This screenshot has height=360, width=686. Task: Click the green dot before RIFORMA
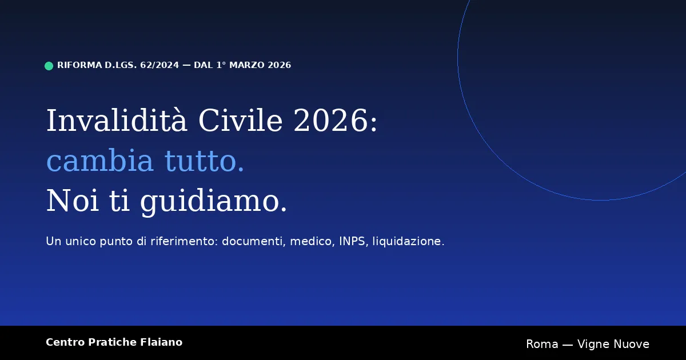[x=49, y=66]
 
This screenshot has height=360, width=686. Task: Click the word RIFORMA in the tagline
[x=79, y=65]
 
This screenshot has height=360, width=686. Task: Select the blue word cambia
[x=100, y=161]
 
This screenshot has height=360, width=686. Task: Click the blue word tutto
[x=205, y=161]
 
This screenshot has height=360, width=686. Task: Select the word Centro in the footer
[x=65, y=342]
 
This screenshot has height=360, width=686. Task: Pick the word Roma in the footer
[x=542, y=344]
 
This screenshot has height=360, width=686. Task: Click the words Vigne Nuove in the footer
[x=613, y=344]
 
